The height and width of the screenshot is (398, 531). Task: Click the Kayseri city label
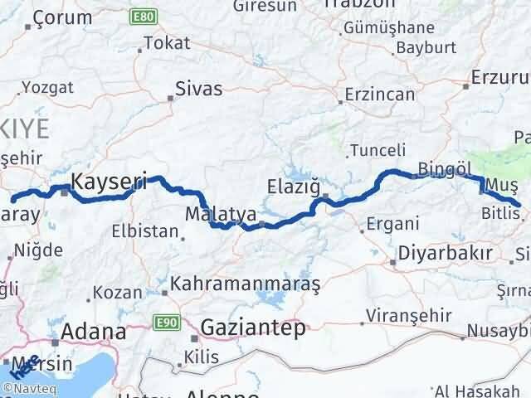[x=110, y=180]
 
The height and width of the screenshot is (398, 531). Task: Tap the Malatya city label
[x=220, y=213]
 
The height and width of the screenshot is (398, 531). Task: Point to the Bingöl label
[x=445, y=169]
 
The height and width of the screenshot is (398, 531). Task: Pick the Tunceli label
[x=378, y=150]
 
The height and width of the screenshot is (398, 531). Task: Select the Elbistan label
[x=149, y=231]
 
